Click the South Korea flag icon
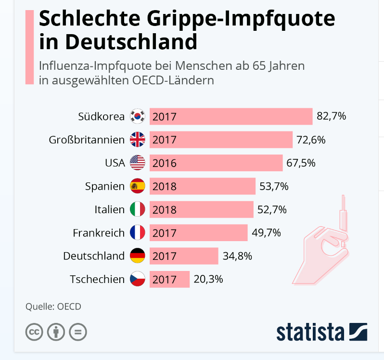[x=138, y=116]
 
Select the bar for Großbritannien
[x=221, y=140]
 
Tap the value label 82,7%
[x=331, y=116]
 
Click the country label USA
[x=115, y=163]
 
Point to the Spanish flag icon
[x=138, y=186]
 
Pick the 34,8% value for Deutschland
[x=237, y=256]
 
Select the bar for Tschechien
[x=169, y=279]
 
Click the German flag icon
[x=138, y=256]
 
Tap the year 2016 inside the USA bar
[x=165, y=164]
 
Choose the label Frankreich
[x=99, y=233]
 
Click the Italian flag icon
[x=138, y=209]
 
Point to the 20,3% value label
[x=208, y=279]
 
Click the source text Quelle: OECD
[x=53, y=307]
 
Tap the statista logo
[x=321, y=332]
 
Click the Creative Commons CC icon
[x=34, y=332]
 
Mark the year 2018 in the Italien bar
[x=165, y=210]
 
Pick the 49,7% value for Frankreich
[x=266, y=233]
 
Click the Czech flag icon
[x=138, y=279]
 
